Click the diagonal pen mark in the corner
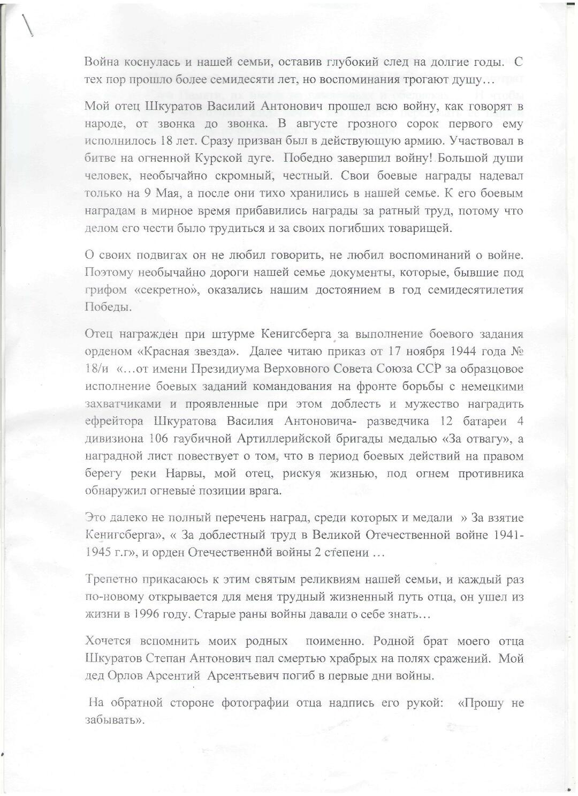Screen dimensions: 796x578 (27, 24)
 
